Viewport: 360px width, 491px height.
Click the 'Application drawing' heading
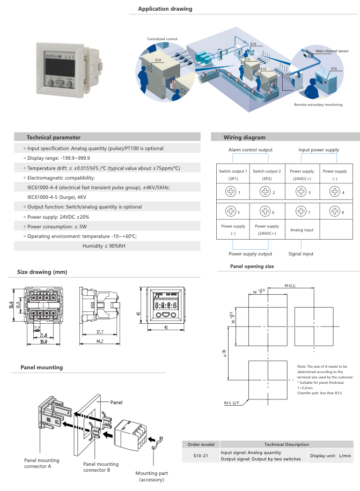coord(165,9)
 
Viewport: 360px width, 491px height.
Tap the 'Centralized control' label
coord(162,39)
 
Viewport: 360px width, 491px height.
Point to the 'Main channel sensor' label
coord(332,51)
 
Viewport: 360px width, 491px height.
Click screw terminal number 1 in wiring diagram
coord(232,191)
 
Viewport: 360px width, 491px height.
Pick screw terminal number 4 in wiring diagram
coord(335,191)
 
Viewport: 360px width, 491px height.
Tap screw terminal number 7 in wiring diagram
coord(300,212)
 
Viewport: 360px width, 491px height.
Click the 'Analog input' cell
coord(302,230)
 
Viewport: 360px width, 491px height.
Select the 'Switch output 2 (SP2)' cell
coord(267,174)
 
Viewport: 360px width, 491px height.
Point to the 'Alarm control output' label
coord(250,150)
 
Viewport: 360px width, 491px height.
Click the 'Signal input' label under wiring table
coord(301,254)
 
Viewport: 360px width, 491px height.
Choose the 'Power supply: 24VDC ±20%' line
coord(58,217)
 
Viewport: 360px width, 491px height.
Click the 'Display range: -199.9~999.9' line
coord(58,158)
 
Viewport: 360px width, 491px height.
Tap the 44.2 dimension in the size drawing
coord(100,341)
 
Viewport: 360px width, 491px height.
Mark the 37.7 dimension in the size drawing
coord(100,332)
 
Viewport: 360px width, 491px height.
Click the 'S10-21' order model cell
coord(201,456)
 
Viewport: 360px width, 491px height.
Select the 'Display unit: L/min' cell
coord(331,456)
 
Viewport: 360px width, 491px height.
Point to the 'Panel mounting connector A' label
coord(42,464)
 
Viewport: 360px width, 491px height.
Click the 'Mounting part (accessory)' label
coord(155,477)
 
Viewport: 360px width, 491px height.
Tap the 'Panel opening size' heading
coord(252,266)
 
